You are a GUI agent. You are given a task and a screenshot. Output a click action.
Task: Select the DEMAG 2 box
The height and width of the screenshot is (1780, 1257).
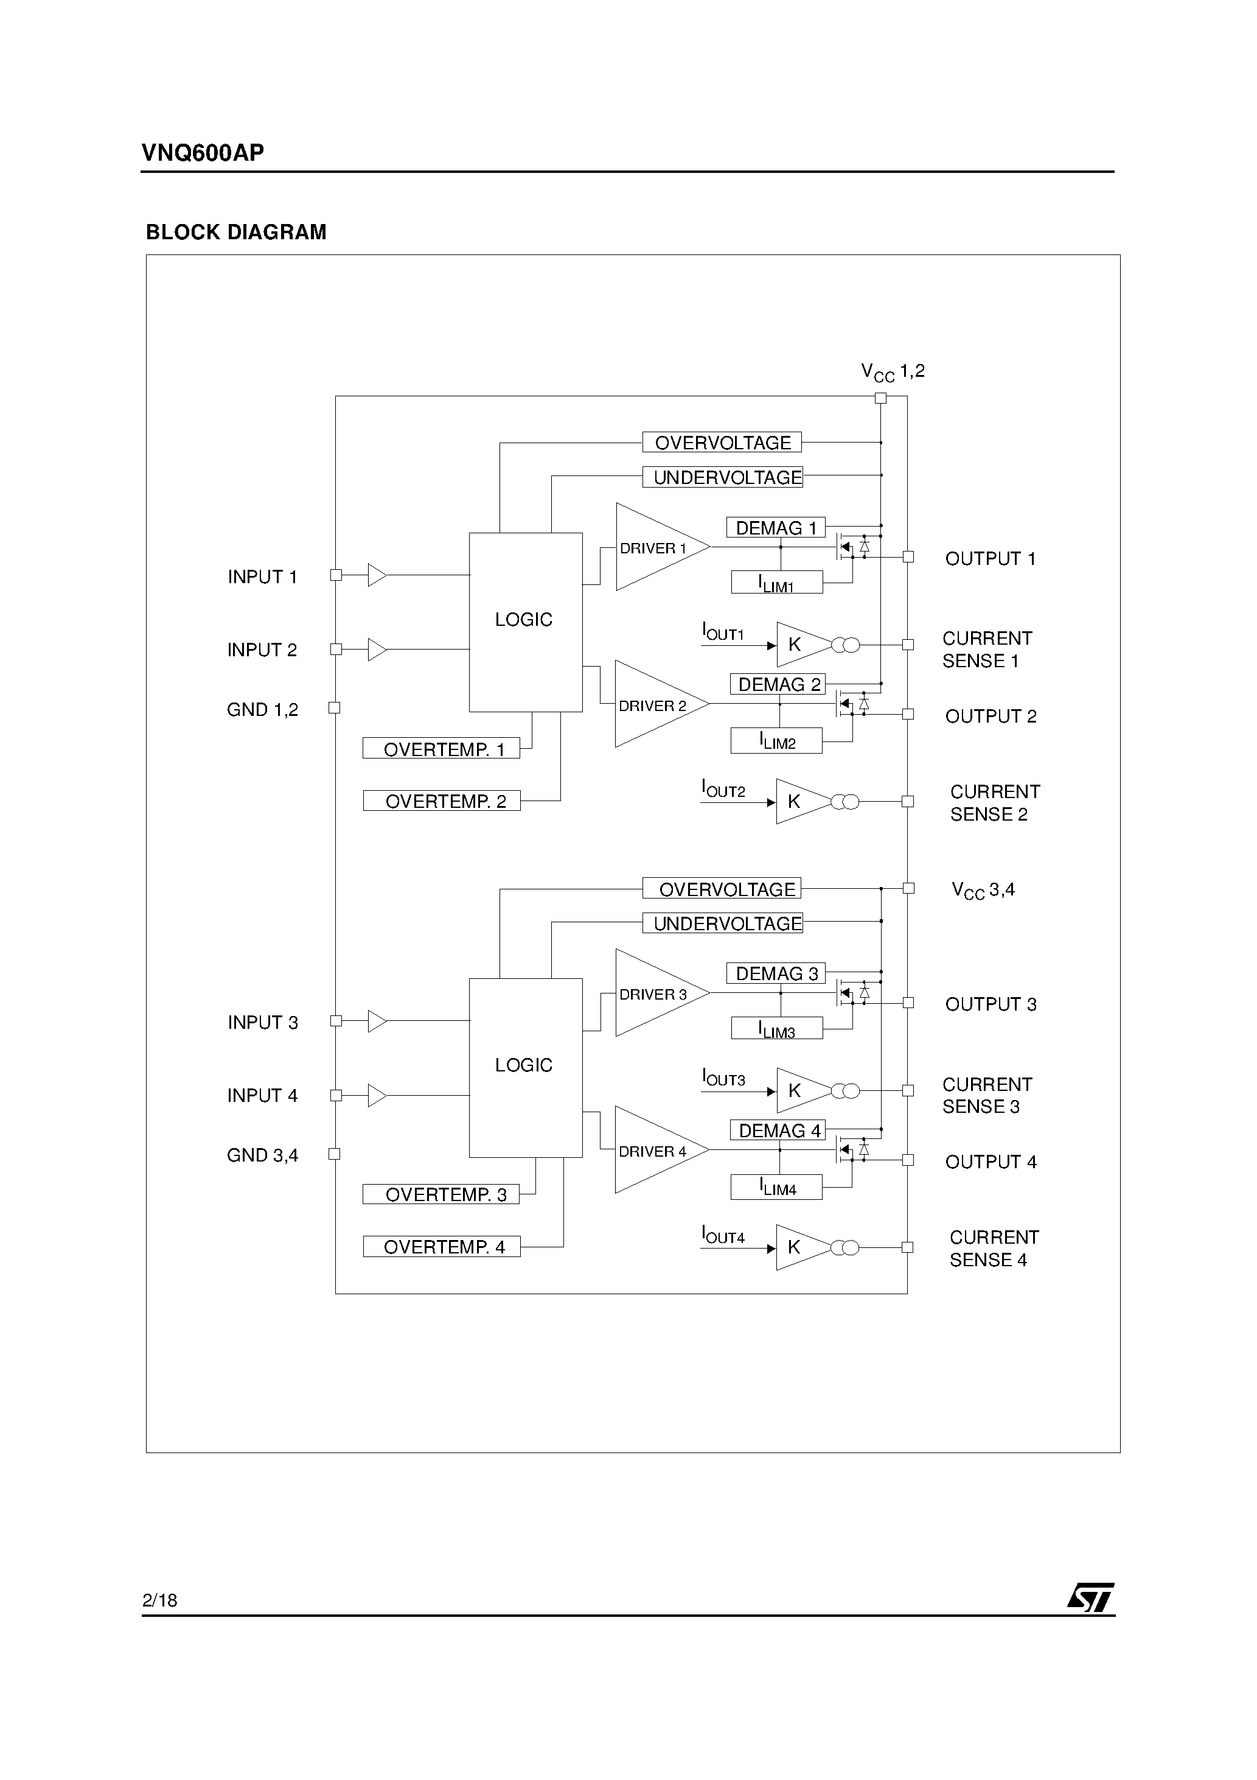(778, 685)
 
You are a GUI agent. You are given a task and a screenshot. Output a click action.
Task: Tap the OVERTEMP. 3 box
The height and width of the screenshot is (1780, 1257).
(441, 1194)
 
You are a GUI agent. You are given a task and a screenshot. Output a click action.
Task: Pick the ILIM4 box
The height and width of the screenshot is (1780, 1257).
(776, 1188)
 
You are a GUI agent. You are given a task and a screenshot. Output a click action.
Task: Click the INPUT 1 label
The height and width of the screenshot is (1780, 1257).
(262, 576)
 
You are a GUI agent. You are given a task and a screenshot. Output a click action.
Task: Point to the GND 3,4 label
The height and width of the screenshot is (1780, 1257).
(262, 1155)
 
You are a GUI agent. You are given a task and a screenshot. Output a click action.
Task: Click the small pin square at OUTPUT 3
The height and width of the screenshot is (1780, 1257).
(908, 1003)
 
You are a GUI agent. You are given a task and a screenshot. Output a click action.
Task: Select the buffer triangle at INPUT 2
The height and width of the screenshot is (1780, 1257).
(377, 650)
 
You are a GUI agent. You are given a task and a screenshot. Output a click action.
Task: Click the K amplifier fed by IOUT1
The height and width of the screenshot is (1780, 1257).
(798, 644)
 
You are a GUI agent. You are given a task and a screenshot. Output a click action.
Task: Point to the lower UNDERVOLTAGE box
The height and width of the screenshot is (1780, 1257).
(722, 923)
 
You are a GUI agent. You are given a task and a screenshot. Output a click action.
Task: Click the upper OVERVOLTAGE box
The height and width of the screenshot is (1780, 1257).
(722, 443)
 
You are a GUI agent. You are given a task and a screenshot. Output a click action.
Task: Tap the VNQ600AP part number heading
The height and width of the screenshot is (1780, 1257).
(202, 153)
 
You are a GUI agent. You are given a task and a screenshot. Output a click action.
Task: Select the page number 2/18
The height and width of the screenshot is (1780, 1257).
(159, 1600)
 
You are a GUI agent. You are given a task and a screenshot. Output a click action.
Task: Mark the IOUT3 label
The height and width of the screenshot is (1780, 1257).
(723, 1077)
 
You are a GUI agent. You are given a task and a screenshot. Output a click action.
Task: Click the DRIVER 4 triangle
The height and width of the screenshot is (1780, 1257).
(655, 1151)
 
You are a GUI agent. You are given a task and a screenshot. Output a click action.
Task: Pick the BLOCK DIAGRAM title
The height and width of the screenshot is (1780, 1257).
(236, 232)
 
